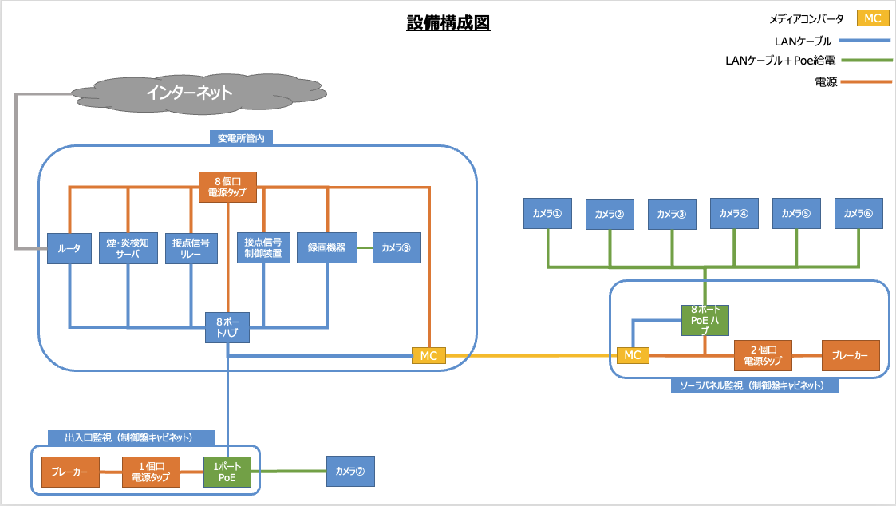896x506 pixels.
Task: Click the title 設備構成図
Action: [448, 22]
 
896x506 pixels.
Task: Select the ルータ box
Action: [69, 248]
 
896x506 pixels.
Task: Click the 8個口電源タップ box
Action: [227, 186]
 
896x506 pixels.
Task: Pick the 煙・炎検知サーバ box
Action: [128, 248]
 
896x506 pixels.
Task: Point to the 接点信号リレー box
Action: [191, 248]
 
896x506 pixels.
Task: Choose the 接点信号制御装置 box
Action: [263, 248]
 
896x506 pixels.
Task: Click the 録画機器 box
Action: [326, 248]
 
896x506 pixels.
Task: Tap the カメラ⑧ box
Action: [396, 248]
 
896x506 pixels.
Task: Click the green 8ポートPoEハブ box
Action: [705, 320]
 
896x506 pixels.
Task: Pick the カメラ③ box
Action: [671, 214]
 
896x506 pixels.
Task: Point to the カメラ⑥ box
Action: [859, 213]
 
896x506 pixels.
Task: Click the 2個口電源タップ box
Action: [762, 355]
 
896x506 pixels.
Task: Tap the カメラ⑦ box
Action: [349, 471]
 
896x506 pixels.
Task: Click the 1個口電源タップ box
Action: [151, 472]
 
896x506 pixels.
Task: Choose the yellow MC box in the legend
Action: [872, 18]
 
